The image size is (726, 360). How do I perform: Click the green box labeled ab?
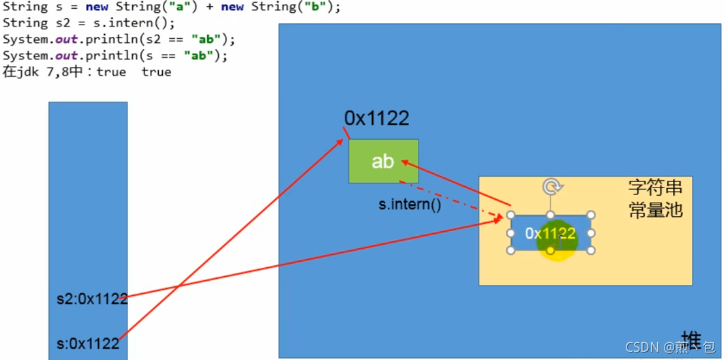(x=383, y=161)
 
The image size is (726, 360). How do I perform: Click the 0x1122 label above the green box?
(x=376, y=119)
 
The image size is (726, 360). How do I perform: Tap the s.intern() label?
(x=410, y=204)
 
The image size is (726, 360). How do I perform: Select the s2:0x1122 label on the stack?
(x=92, y=298)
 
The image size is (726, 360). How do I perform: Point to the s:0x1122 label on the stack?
(x=88, y=344)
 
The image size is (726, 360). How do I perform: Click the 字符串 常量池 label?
(x=655, y=198)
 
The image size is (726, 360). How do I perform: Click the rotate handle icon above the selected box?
(x=551, y=186)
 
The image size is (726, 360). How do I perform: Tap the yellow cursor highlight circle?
(x=557, y=241)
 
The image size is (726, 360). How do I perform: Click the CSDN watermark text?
(x=641, y=347)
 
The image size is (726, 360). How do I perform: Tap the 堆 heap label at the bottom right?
(x=691, y=338)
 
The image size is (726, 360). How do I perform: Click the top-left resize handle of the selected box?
(x=511, y=215)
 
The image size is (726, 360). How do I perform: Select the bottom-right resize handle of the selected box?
(x=591, y=250)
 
